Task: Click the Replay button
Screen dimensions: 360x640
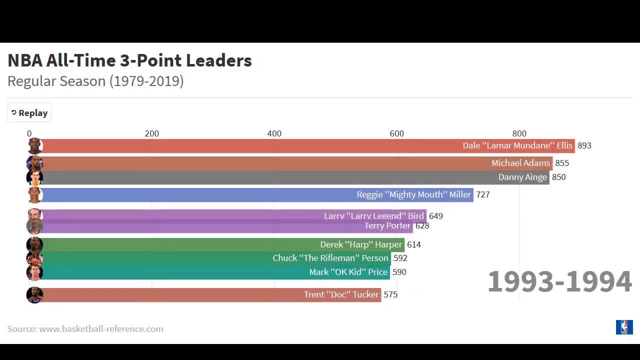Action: (x=29, y=113)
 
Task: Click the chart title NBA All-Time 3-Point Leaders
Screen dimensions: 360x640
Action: (x=129, y=60)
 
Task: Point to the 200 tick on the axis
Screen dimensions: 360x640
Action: (x=151, y=133)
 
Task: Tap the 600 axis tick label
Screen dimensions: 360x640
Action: (x=396, y=133)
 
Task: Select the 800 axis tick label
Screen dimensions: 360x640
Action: (x=519, y=133)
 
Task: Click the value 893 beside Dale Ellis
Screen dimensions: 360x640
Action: (x=584, y=145)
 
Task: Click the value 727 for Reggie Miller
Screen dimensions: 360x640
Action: (x=482, y=194)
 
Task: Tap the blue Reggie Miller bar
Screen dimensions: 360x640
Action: (x=200, y=194)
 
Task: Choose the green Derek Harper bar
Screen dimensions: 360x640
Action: (x=180, y=244)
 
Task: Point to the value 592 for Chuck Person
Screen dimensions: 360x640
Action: (x=400, y=258)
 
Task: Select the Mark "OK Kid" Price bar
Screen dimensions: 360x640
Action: (x=175, y=272)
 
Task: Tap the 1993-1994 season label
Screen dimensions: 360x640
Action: (x=559, y=281)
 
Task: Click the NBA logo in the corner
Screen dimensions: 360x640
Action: (x=624, y=327)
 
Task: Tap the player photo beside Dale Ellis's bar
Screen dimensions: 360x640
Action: (x=34, y=145)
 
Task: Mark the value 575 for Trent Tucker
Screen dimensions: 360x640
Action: (x=390, y=294)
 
